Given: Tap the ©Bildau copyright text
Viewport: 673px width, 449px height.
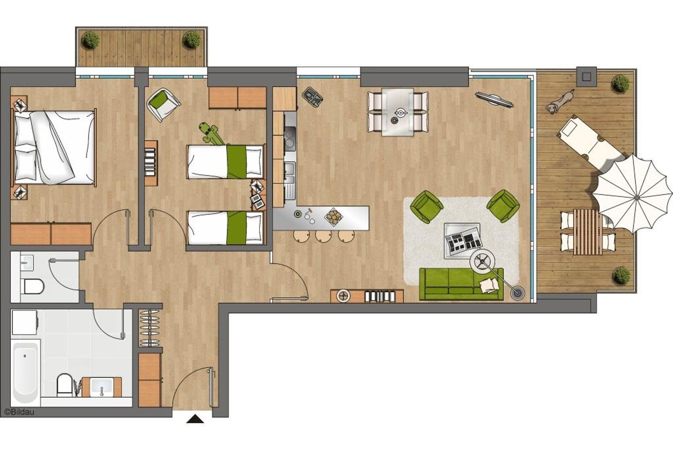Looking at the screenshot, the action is (x=19, y=412).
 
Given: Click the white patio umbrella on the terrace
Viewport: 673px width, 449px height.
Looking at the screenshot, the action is (x=633, y=195).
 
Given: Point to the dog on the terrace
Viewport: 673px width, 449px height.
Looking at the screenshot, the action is (x=559, y=101).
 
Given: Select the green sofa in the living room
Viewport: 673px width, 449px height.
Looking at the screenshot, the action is (x=461, y=284).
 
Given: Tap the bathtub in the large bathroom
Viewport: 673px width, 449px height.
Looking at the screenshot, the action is (x=25, y=372).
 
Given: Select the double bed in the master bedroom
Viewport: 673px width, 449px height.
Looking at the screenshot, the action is (x=54, y=147).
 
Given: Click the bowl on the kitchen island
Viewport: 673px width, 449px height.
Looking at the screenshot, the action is (x=334, y=217).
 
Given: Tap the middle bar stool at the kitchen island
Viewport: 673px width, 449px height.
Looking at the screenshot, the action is (x=323, y=236).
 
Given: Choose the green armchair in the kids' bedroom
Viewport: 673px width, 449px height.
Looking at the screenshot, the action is (x=163, y=104).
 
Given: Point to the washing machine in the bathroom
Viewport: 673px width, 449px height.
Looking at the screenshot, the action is (x=25, y=322).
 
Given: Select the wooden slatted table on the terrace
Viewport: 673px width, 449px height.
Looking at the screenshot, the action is (x=588, y=232).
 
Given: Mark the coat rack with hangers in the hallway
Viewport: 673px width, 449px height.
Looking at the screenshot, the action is (x=150, y=328).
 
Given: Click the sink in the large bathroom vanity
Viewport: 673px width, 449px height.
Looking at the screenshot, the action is (x=102, y=387).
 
